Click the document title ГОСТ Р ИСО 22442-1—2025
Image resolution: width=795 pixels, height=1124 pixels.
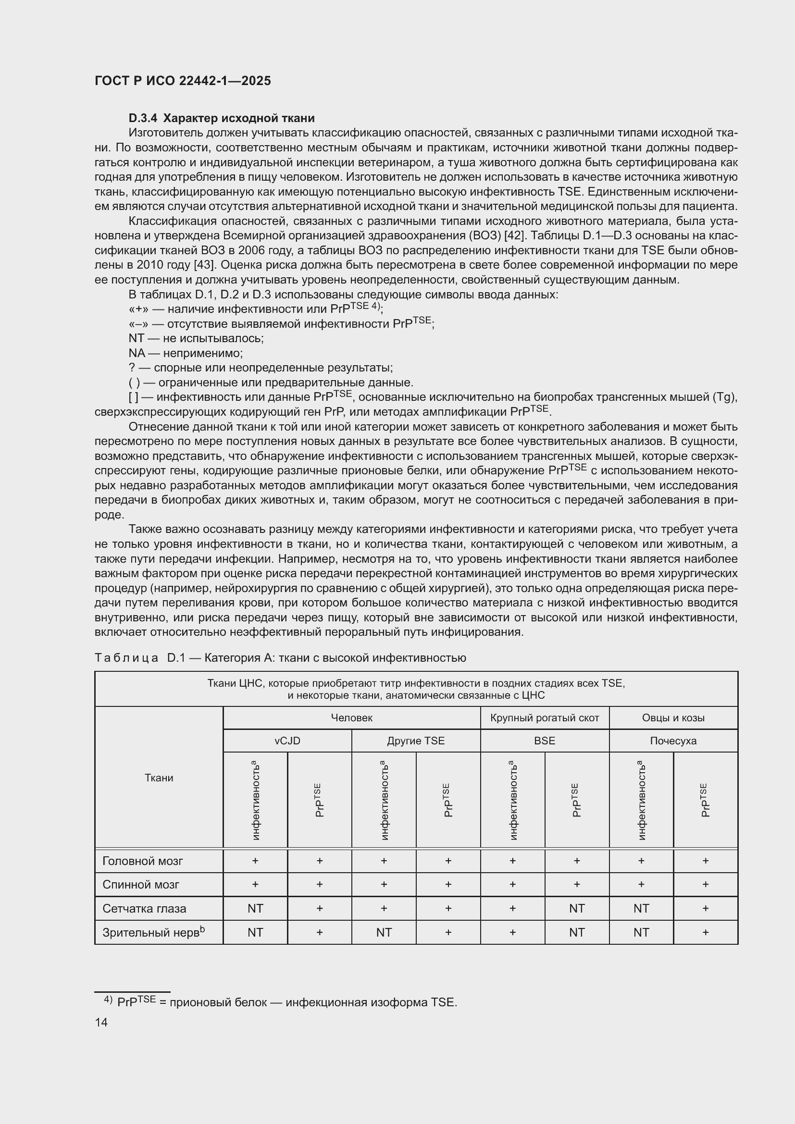(183, 81)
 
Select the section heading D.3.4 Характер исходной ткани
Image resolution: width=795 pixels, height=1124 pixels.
(221, 118)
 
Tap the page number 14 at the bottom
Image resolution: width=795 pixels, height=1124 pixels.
(101, 1022)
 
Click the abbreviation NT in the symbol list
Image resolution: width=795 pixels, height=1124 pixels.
(137, 338)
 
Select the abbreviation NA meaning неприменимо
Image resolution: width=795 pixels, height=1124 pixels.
(137, 353)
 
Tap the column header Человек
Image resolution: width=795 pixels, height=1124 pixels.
(351, 717)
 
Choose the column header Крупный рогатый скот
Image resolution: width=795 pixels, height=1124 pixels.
(545, 717)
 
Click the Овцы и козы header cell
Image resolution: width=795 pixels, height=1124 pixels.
(673, 717)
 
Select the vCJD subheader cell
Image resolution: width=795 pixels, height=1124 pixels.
(287, 741)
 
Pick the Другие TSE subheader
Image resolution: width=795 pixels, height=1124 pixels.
(416, 741)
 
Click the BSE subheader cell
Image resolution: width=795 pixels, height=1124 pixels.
(545, 741)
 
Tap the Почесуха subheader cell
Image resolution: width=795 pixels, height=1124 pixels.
(673, 741)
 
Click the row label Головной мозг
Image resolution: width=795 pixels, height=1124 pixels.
(142, 861)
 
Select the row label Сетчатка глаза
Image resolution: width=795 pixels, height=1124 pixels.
(144, 908)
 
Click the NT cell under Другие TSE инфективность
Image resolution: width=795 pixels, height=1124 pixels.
(384, 932)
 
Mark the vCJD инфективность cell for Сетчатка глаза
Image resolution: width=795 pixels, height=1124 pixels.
(255, 908)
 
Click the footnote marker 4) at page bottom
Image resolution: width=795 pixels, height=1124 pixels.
(108, 1000)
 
